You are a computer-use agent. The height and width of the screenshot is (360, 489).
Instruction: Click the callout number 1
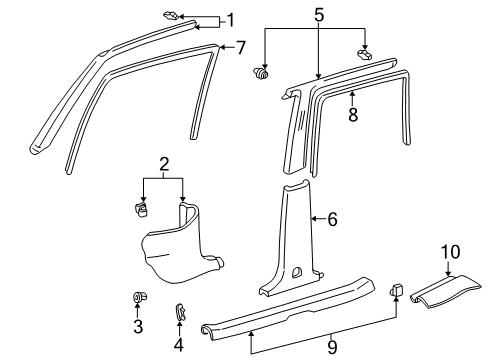tap(230, 19)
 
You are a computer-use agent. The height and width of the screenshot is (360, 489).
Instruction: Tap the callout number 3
tap(139, 326)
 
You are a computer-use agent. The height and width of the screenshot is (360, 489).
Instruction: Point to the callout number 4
tap(180, 326)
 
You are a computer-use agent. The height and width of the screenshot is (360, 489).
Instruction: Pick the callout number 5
tap(319, 17)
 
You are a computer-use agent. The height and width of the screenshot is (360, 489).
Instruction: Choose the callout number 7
tap(239, 47)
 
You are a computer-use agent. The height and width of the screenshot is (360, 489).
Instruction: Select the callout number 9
tap(331, 346)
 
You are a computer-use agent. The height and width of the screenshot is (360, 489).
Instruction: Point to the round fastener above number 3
tap(138, 299)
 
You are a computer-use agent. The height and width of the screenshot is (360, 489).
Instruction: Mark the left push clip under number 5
tap(265, 73)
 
